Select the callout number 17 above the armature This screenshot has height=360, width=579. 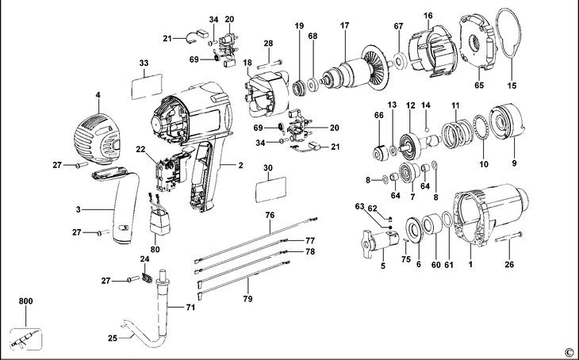click(x=345, y=26)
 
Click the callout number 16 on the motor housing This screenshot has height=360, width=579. click(x=428, y=15)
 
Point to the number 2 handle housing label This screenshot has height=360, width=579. click(x=240, y=166)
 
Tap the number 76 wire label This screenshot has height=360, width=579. click(x=270, y=215)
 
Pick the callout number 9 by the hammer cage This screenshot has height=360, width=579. click(x=514, y=163)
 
